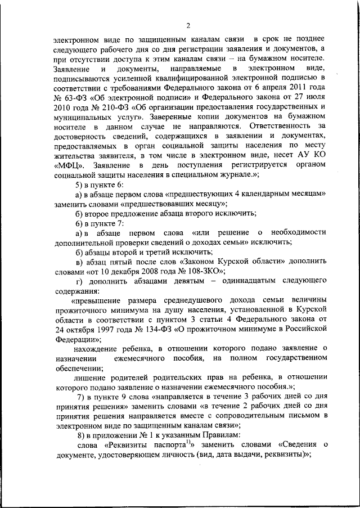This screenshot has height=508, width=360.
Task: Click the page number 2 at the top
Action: tap(188, 24)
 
